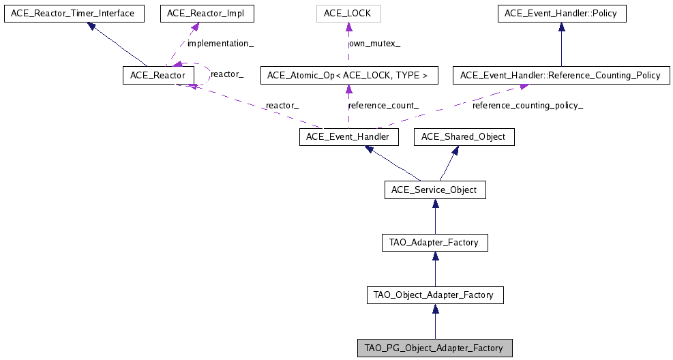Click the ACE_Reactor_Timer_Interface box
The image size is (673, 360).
pyautogui.click(x=74, y=13)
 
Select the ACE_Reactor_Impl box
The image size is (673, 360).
pyautogui.click(x=200, y=13)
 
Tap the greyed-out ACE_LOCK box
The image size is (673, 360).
pyautogui.click(x=348, y=13)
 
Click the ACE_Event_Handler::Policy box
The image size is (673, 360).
pyautogui.click(x=561, y=13)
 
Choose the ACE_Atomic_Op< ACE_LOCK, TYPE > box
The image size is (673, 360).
pyautogui.click(x=348, y=75)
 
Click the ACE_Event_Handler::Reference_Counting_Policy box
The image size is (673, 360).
pyautogui.click(x=560, y=75)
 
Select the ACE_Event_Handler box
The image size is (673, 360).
pyautogui.click(x=348, y=137)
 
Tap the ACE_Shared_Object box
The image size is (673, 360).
pyautogui.click(x=464, y=137)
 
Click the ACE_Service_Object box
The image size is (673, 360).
pyautogui.click(x=435, y=190)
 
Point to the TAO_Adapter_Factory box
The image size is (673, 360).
pyautogui.click(x=434, y=242)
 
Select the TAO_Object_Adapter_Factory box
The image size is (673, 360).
pyautogui.click(x=435, y=295)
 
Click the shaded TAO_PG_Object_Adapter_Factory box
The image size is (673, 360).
pyautogui.click(x=434, y=348)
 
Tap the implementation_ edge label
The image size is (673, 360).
pyautogui.click(x=220, y=44)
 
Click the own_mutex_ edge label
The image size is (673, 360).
pyautogui.click(x=375, y=44)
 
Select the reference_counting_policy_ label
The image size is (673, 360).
pyautogui.click(x=528, y=106)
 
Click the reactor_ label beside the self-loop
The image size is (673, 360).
pyautogui.click(x=227, y=73)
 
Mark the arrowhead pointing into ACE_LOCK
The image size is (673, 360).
pyautogui.click(x=348, y=27)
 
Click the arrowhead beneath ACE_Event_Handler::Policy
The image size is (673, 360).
pyautogui.click(x=561, y=27)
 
